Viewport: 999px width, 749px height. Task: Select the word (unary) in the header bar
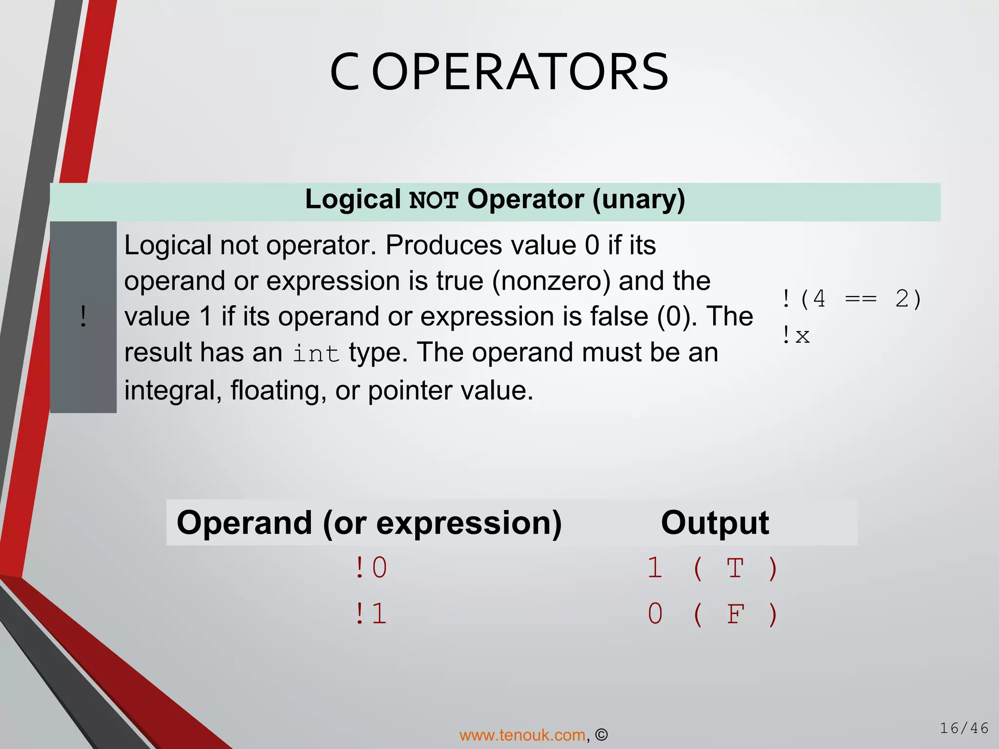click(639, 199)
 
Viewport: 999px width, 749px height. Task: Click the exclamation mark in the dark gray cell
click(83, 316)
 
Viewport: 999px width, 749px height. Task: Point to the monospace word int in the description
click(316, 354)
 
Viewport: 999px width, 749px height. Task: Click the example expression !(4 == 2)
click(851, 298)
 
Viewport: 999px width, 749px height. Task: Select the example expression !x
click(796, 335)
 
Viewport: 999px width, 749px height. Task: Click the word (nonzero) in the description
click(551, 281)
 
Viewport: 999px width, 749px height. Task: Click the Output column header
click(715, 523)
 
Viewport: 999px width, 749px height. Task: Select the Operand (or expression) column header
click(369, 523)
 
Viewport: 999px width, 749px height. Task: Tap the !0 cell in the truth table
click(371, 568)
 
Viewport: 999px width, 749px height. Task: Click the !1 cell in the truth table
click(371, 613)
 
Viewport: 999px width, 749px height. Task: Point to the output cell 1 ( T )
click(712, 568)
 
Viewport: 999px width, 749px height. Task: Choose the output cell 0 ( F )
click(712, 613)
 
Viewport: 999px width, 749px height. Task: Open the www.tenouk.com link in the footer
click(522, 735)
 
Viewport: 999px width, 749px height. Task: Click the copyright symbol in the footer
click(601, 735)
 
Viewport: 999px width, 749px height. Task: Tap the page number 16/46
click(964, 728)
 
